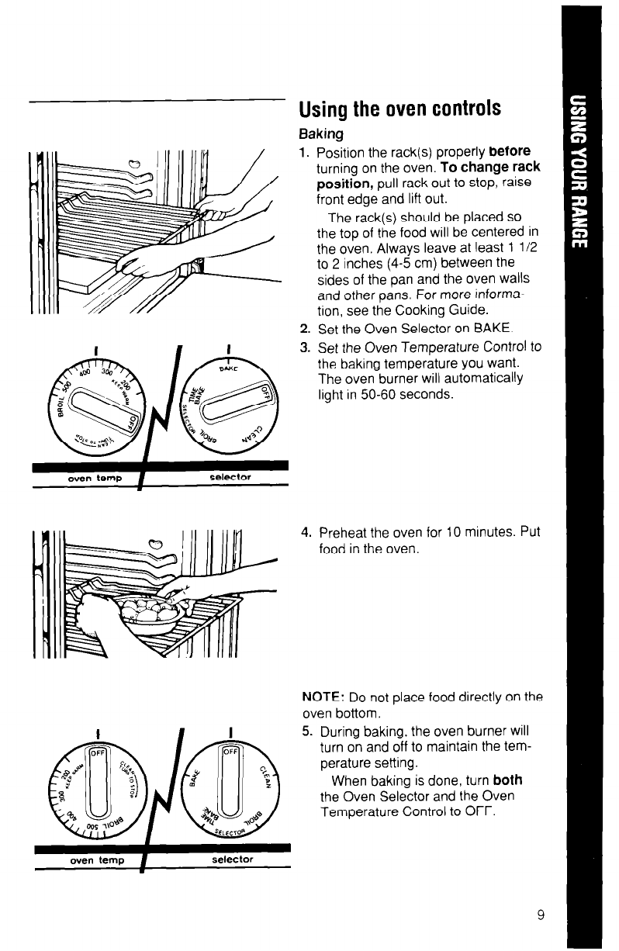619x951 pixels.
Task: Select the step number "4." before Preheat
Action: coord(306,533)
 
